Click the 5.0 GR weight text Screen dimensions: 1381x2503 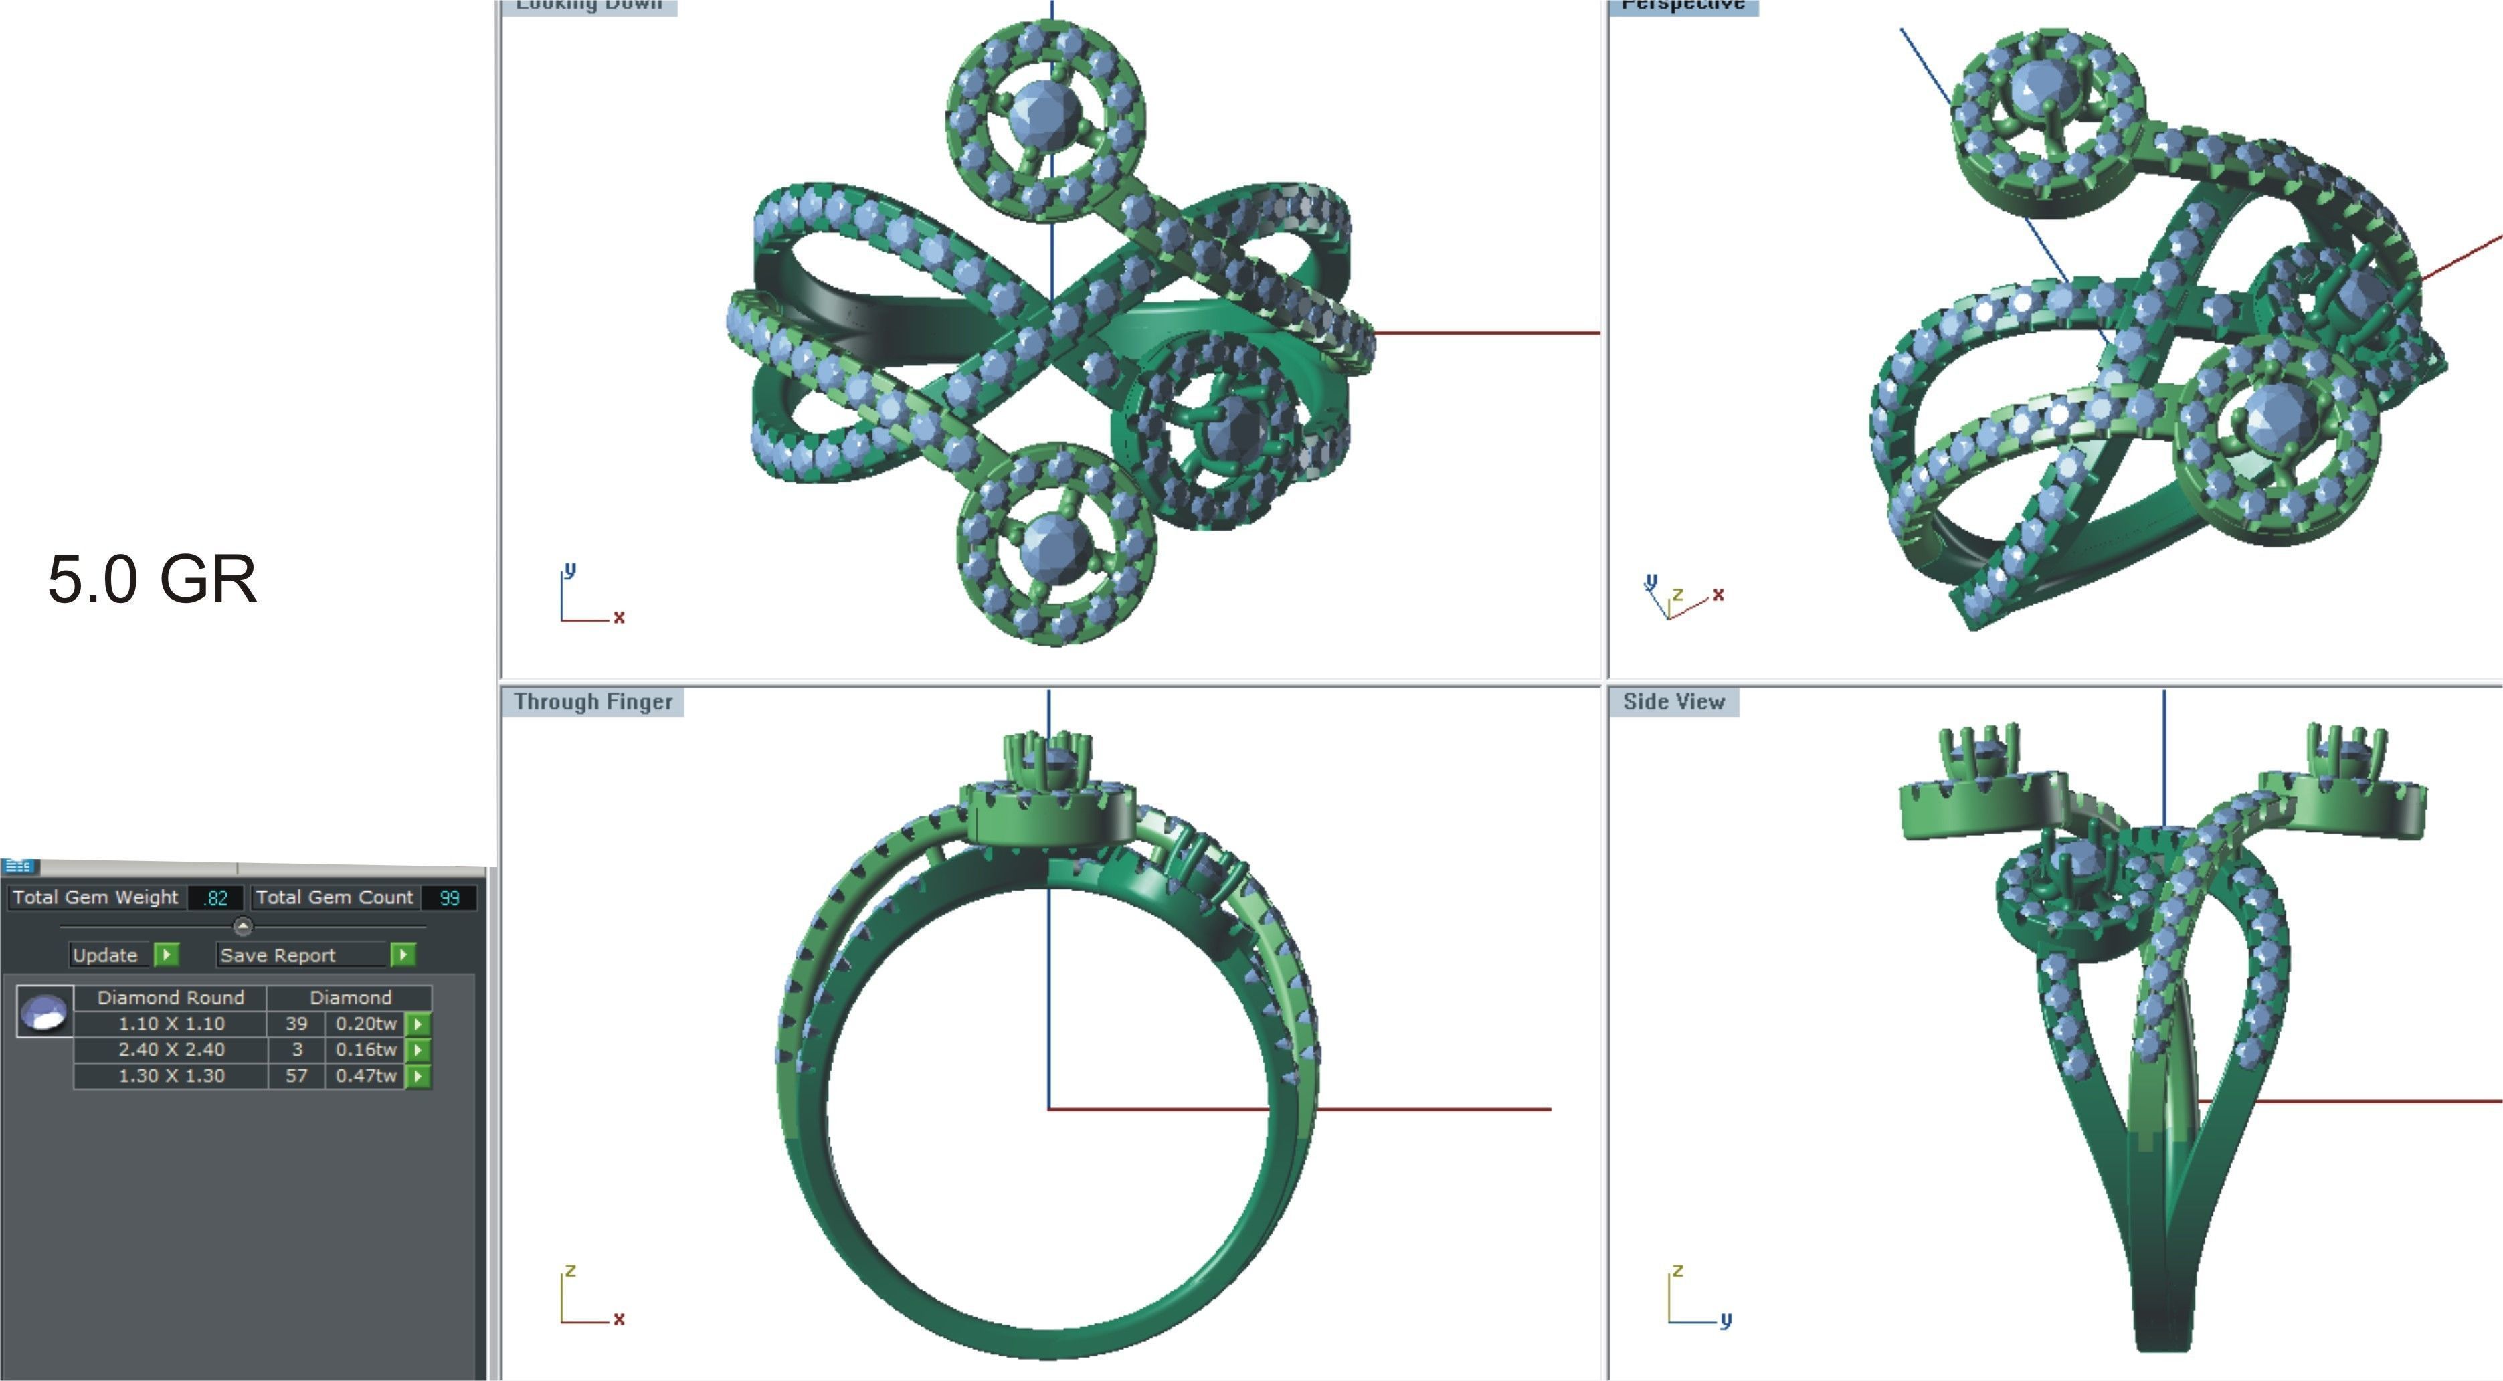(x=153, y=579)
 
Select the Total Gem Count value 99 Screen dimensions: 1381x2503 (x=449, y=898)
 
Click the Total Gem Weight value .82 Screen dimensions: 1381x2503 (x=215, y=898)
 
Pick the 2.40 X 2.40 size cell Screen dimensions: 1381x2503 (x=171, y=1050)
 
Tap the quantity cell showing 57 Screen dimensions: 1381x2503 (x=296, y=1076)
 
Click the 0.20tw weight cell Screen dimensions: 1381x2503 (x=365, y=1023)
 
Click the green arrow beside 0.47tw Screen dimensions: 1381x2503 (x=418, y=1076)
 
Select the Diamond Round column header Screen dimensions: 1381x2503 (x=171, y=997)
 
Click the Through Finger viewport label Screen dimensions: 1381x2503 (x=593, y=702)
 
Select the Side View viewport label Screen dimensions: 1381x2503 (x=1673, y=702)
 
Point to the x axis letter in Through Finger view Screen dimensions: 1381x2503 (x=619, y=1319)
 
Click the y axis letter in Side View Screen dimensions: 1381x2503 (x=1726, y=1319)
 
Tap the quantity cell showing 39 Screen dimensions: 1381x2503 (x=296, y=1023)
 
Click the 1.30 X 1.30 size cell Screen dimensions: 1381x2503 (x=171, y=1076)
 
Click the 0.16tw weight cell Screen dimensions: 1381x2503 (x=365, y=1050)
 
